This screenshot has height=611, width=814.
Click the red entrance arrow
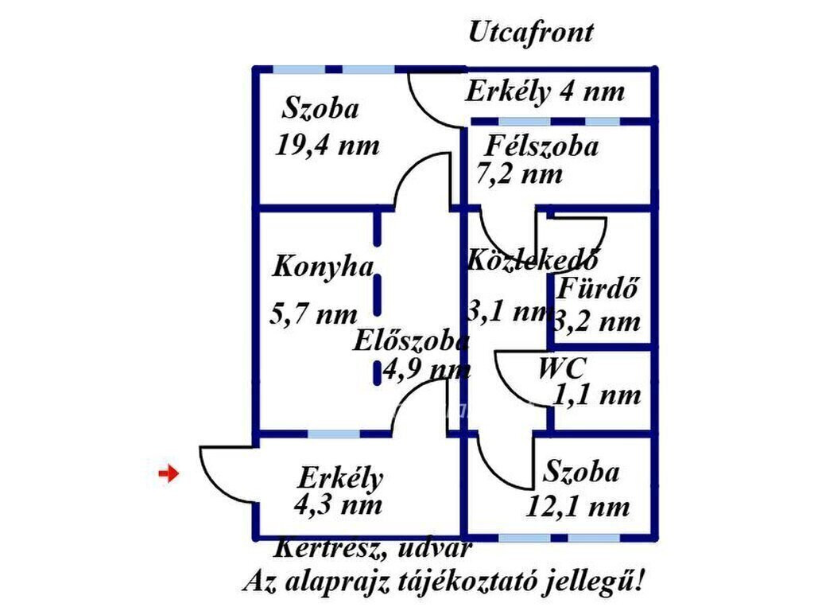click(169, 473)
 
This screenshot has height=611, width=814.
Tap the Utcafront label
click(530, 33)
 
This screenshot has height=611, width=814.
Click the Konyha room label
click(323, 267)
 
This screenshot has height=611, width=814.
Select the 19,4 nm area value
click(328, 145)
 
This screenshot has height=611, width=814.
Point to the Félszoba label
click(541, 146)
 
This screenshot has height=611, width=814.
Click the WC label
click(562, 368)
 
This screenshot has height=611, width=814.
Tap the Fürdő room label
click(596, 287)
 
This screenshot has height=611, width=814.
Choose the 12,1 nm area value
click(579, 505)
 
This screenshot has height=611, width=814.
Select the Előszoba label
click(411, 341)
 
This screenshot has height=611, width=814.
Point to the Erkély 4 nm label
click(545, 91)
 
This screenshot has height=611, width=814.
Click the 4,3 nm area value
click(337, 504)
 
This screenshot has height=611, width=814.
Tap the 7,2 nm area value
click(519, 173)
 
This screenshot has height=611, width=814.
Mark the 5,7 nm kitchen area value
click(314, 313)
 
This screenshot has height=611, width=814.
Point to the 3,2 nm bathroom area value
click(597, 322)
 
